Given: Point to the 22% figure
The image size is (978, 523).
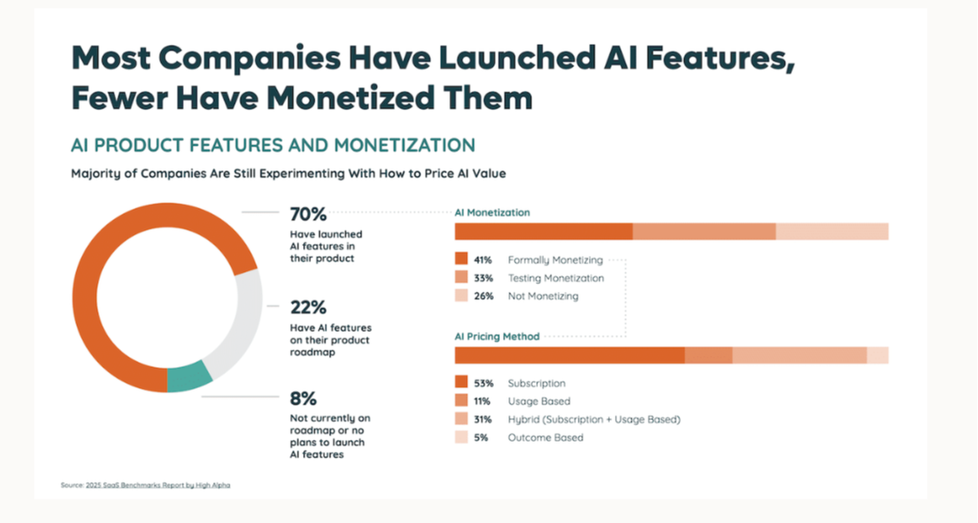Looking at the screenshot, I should (x=308, y=307).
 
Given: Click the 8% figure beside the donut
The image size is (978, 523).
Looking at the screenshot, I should (x=303, y=399).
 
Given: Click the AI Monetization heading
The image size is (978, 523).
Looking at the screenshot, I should (x=492, y=212).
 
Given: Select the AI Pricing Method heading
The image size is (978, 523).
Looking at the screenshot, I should (x=497, y=336).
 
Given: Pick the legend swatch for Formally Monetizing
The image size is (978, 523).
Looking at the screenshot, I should (x=461, y=260).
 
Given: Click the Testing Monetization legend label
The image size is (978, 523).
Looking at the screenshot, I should (x=555, y=278).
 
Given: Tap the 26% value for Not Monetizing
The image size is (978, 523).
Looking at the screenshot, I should (x=483, y=296).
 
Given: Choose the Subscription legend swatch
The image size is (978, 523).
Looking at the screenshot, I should (x=461, y=383).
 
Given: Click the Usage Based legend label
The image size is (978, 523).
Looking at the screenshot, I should (x=539, y=401).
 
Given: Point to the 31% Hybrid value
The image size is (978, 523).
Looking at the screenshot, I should (x=483, y=419).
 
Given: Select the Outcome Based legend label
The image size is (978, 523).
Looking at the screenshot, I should (x=545, y=437).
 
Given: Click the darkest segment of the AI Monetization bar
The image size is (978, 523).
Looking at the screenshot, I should (x=543, y=231).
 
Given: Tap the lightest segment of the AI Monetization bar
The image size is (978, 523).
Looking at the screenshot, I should (x=832, y=231).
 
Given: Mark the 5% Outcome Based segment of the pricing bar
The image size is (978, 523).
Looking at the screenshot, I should (x=878, y=355).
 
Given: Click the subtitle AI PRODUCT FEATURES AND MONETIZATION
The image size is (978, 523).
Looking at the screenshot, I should (x=273, y=145).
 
